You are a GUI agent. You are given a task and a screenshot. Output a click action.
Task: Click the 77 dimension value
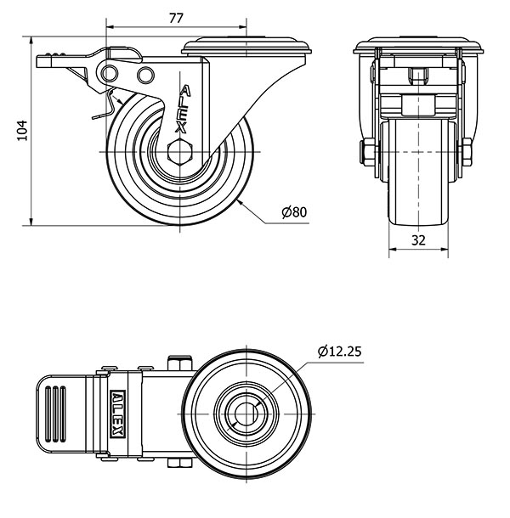(x=176, y=18)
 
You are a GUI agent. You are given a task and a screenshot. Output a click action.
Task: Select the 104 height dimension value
(x=22, y=131)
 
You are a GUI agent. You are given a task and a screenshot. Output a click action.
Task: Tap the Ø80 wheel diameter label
(x=294, y=211)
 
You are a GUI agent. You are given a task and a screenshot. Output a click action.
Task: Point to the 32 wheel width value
(x=418, y=240)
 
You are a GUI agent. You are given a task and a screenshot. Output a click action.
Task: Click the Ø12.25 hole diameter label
(x=340, y=352)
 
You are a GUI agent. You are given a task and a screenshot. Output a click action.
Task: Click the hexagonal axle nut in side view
(x=180, y=152)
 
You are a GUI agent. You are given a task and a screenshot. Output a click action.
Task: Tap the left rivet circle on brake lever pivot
(x=110, y=73)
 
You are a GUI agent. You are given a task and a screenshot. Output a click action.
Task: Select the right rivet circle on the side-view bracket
(x=145, y=75)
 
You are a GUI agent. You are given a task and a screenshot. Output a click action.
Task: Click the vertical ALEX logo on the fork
(x=183, y=110)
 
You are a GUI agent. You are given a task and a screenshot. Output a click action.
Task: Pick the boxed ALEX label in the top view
(x=118, y=414)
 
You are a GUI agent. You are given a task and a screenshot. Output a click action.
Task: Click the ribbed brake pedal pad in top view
(x=56, y=414)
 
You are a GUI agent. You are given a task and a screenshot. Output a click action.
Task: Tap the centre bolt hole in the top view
(x=246, y=414)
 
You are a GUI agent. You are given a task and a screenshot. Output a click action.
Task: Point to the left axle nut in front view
(x=367, y=152)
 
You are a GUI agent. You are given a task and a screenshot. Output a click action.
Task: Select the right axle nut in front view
(x=466, y=152)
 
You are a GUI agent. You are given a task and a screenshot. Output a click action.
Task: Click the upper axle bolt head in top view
(x=180, y=363)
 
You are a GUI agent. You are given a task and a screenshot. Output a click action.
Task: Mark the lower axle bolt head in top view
(x=180, y=463)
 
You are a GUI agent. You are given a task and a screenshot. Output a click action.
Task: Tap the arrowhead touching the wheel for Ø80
(x=241, y=204)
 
